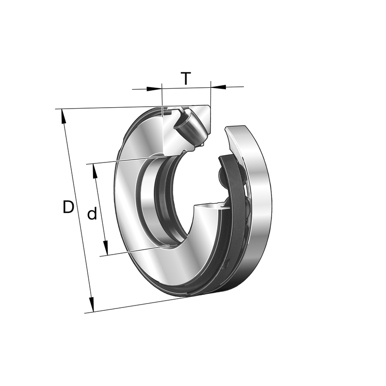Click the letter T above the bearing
[186, 78]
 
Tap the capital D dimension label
[68, 207]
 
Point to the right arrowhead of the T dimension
[218, 87]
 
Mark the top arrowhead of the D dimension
[63, 116]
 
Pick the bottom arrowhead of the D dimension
[92, 305]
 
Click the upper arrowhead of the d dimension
[95, 171]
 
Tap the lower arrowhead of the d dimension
[105, 248]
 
